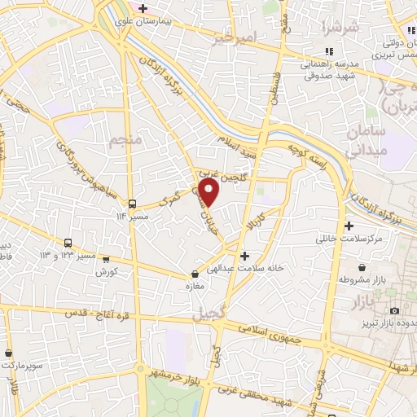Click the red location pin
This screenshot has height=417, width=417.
(x=210, y=191)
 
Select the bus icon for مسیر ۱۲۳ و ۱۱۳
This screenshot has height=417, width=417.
(x=68, y=243)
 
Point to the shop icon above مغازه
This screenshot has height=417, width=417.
(x=194, y=274)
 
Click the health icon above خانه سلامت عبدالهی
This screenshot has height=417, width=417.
(x=244, y=256)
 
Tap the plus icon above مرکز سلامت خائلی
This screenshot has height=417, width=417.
(x=349, y=226)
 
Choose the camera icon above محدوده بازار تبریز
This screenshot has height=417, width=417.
(x=395, y=311)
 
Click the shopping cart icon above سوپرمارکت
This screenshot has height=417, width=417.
(x=7, y=354)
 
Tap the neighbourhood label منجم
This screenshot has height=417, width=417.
(x=124, y=142)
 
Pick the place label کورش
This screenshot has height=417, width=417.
(x=108, y=270)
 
